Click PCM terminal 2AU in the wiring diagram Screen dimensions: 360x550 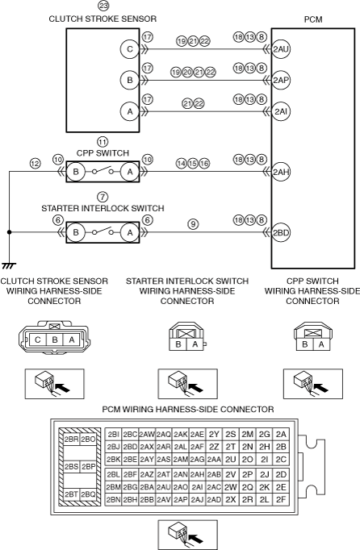click(x=281, y=49)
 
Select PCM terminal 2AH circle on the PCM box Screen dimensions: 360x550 click(x=281, y=172)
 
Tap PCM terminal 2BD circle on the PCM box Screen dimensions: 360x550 click(x=281, y=232)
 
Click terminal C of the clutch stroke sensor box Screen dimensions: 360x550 click(x=130, y=49)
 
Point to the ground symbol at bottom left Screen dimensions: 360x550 click(x=9, y=265)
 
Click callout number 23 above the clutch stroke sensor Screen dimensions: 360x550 click(x=103, y=6)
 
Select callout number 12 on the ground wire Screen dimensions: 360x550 click(x=36, y=164)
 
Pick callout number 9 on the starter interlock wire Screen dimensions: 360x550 click(x=193, y=223)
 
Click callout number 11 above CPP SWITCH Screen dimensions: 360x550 click(x=103, y=142)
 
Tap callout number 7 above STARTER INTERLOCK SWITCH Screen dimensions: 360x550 click(x=103, y=197)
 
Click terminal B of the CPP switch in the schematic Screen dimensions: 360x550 click(x=76, y=172)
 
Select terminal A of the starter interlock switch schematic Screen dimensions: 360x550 click(x=130, y=232)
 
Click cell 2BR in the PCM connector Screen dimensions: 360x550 click(x=71, y=440)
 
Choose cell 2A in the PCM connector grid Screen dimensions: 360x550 click(x=281, y=434)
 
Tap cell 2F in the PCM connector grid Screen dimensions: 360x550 click(x=281, y=499)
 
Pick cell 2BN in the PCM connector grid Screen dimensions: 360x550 click(x=114, y=499)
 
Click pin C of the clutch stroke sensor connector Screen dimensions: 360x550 click(x=38, y=340)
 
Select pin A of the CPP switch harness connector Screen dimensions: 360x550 click(x=321, y=344)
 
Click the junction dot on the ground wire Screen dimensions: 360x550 click(x=9, y=232)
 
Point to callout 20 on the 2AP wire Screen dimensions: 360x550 click(x=187, y=73)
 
